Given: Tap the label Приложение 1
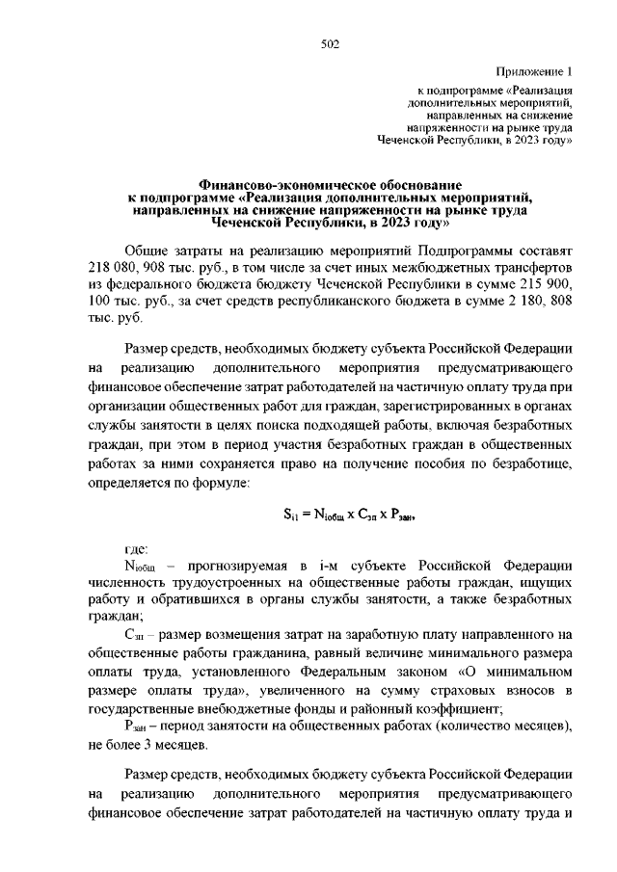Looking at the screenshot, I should (x=535, y=71).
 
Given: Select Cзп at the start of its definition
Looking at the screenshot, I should (x=135, y=634).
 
